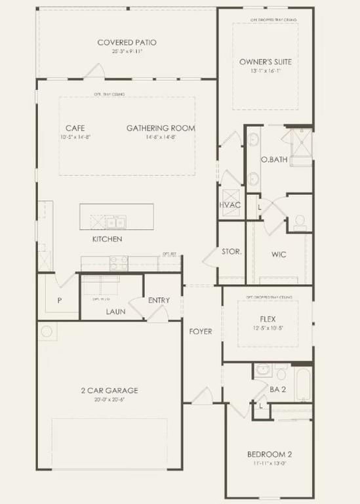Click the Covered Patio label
(x=127, y=43)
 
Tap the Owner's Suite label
(x=265, y=62)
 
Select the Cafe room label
(x=75, y=128)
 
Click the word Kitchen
(x=107, y=239)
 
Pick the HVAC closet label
(x=230, y=205)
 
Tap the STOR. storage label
(x=232, y=251)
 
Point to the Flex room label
(x=267, y=320)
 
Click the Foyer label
(x=201, y=331)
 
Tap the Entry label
(x=159, y=301)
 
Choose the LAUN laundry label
(x=115, y=312)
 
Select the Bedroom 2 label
(x=269, y=454)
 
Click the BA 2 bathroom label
(x=278, y=389)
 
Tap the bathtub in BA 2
(x=304, y=384)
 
